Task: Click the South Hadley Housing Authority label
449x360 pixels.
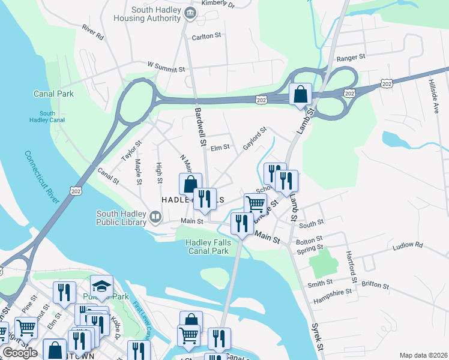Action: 147,14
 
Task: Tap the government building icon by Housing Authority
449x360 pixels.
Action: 191,13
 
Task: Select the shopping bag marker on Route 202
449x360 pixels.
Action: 300,95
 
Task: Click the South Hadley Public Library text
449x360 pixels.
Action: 122,217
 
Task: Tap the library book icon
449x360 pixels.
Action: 156,216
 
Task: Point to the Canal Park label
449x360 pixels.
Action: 53,94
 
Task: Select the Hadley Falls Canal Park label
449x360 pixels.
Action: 207,247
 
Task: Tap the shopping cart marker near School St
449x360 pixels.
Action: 256,204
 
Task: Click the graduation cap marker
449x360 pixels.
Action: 101,287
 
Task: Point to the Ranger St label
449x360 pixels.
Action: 351,58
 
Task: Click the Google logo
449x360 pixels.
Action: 20,352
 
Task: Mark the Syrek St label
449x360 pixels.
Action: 317,338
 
